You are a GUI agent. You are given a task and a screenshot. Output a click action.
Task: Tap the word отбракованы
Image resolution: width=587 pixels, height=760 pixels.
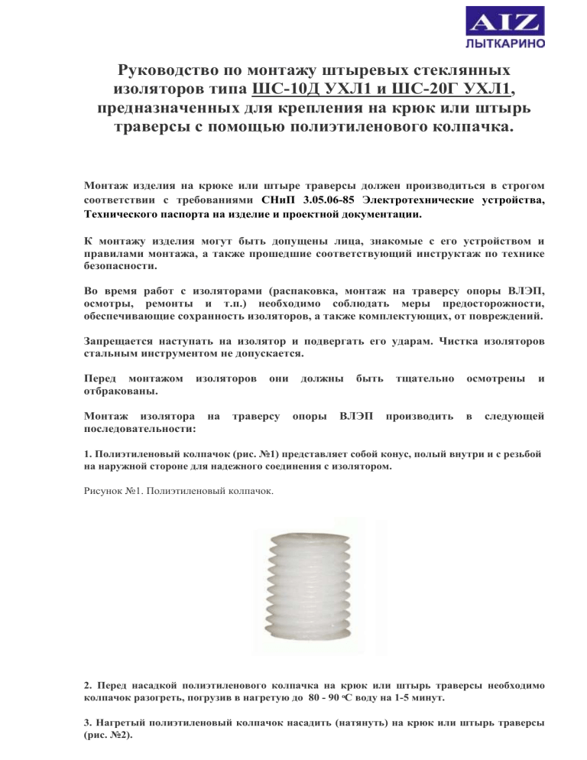point(120,390)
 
